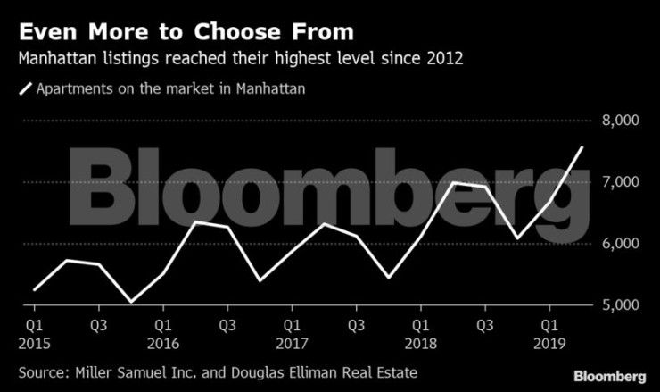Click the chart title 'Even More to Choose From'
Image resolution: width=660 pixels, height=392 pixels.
186,32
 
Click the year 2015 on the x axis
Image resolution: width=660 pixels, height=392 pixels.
35,342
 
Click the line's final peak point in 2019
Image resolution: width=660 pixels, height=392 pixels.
582,147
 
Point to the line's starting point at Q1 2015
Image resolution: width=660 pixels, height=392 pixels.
35,290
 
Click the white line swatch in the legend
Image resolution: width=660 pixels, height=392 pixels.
25,88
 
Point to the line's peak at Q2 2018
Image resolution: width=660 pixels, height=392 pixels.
453,182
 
